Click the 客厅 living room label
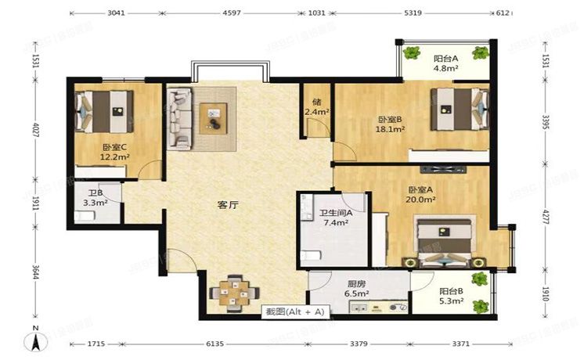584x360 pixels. click(228, 205)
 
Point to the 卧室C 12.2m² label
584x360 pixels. click(114, 152)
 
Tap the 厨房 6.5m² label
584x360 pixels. click(357, 289)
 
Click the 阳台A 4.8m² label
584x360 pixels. click(445, 63)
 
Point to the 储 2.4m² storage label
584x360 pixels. click(317, 106)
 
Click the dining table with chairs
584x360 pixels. click(230, 291)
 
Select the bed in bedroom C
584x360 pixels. click(105, 110)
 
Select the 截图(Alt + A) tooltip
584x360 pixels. click(294, 311)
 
